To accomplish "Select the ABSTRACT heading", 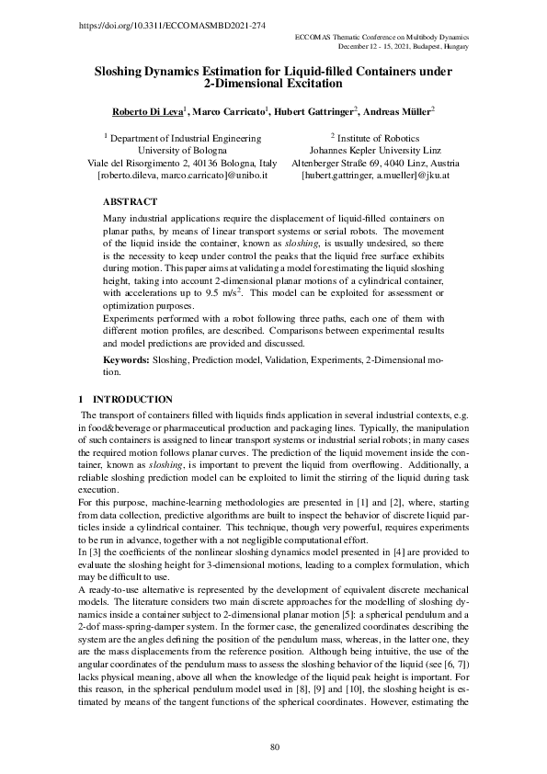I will point(130,199).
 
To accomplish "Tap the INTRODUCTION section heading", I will point(132,400).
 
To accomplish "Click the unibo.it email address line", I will point(181,175).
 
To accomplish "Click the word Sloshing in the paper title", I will point(126,71).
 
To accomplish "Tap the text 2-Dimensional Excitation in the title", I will point(273,84).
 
